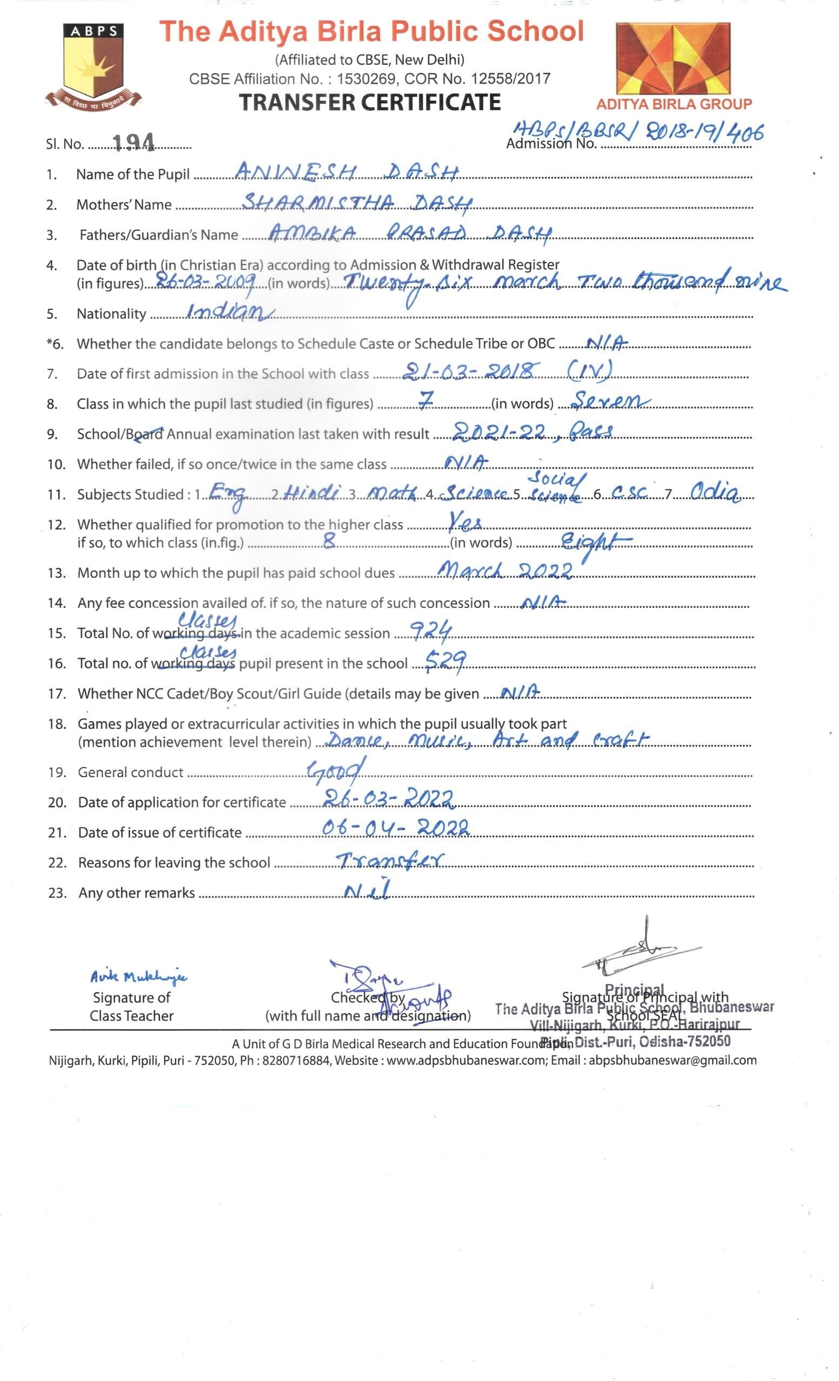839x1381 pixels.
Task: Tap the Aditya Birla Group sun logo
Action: pos(673,59)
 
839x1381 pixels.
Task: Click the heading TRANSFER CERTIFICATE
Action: pos(370,102)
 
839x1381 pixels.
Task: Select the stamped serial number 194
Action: pos(133,142)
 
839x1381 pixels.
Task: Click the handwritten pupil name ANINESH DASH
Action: pos(347,171)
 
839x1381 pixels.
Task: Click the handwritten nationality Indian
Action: pos(229,312)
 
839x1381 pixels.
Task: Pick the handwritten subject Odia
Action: pos(714,491)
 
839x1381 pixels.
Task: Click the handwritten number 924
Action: pos(431,631)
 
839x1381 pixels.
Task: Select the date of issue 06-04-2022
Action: pos(395,828)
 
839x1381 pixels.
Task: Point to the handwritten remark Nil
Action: pos(366,890)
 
